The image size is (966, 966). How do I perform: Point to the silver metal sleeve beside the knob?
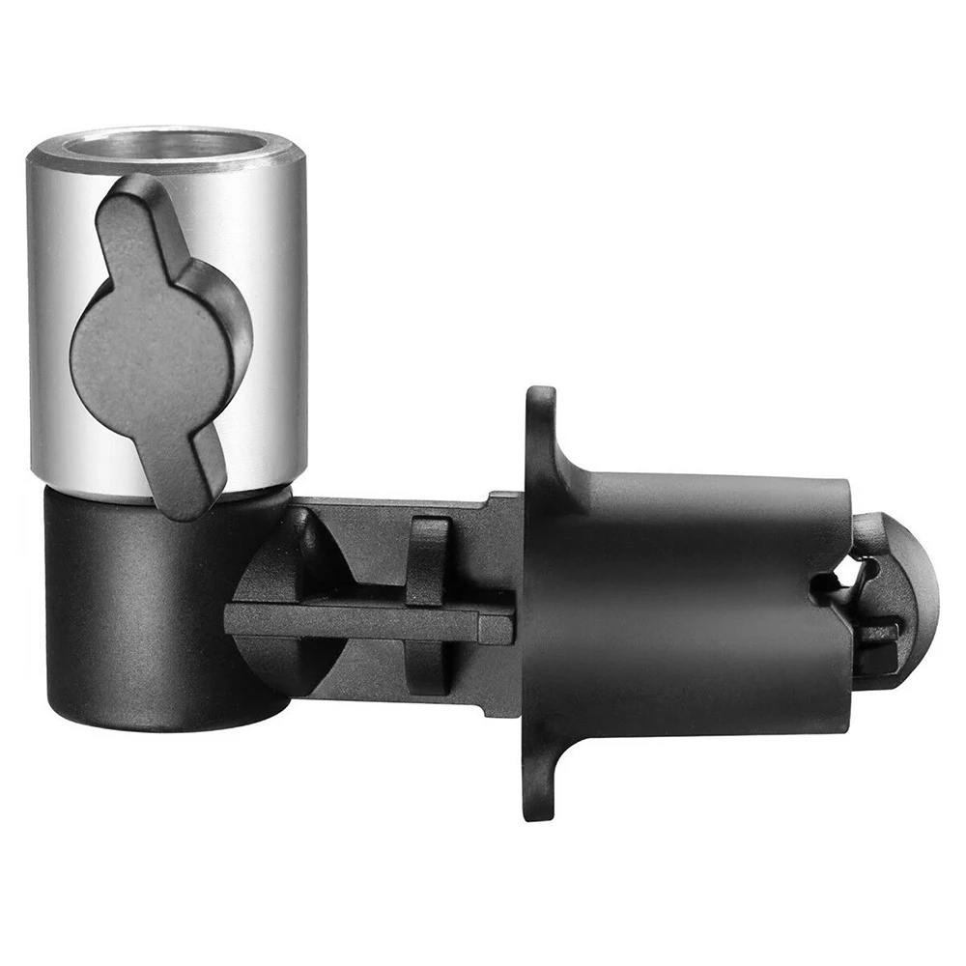(x=266, y=319)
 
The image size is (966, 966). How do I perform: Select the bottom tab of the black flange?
(x=540, y=773)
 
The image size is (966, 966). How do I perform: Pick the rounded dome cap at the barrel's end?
(x=903, y=589)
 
